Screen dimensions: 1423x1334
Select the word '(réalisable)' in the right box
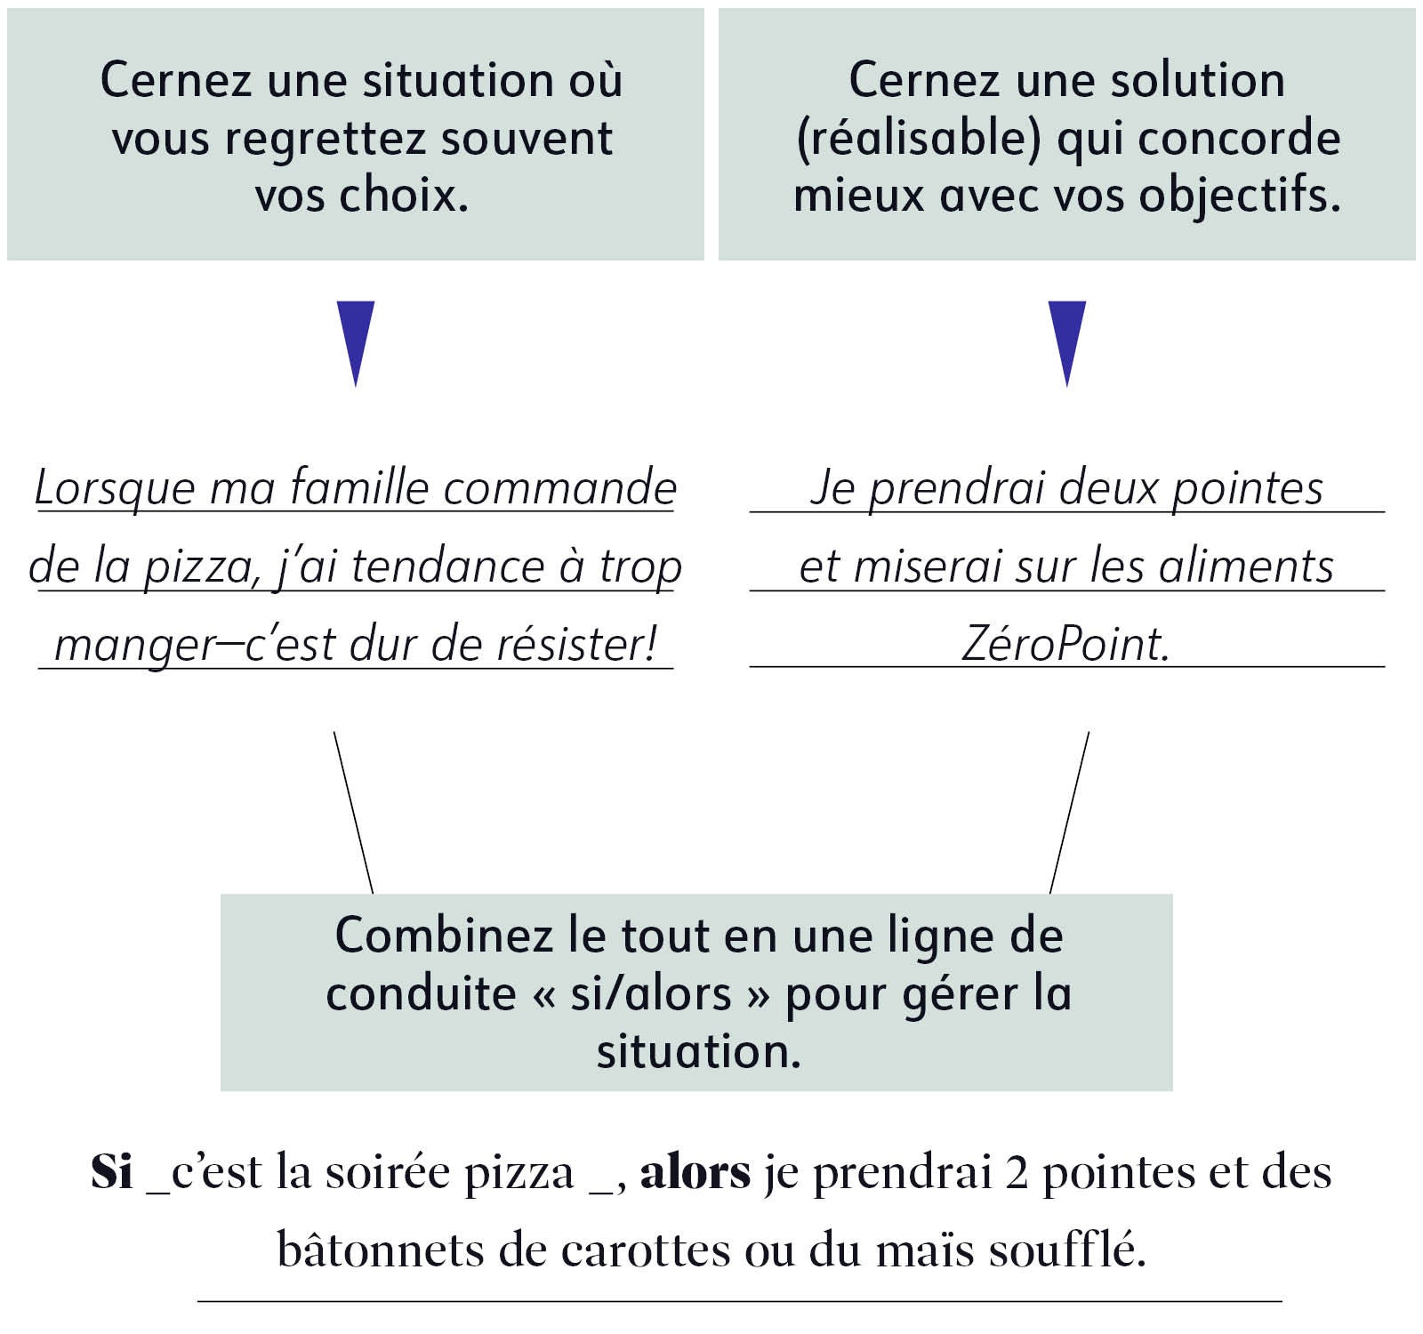tap(918, 139)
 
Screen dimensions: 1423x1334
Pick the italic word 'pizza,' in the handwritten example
tap(201, 567)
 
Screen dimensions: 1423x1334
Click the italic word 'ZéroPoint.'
tap(1065, 644)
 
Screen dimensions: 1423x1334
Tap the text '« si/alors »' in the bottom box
tap(651, 993)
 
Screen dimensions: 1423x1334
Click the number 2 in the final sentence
tap(1017, 1172)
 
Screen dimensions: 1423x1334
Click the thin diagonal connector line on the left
tap(353, 812)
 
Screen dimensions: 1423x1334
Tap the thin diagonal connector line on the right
tap(1070, 812)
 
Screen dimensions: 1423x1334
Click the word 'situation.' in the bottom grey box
tap(699, 1051)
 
